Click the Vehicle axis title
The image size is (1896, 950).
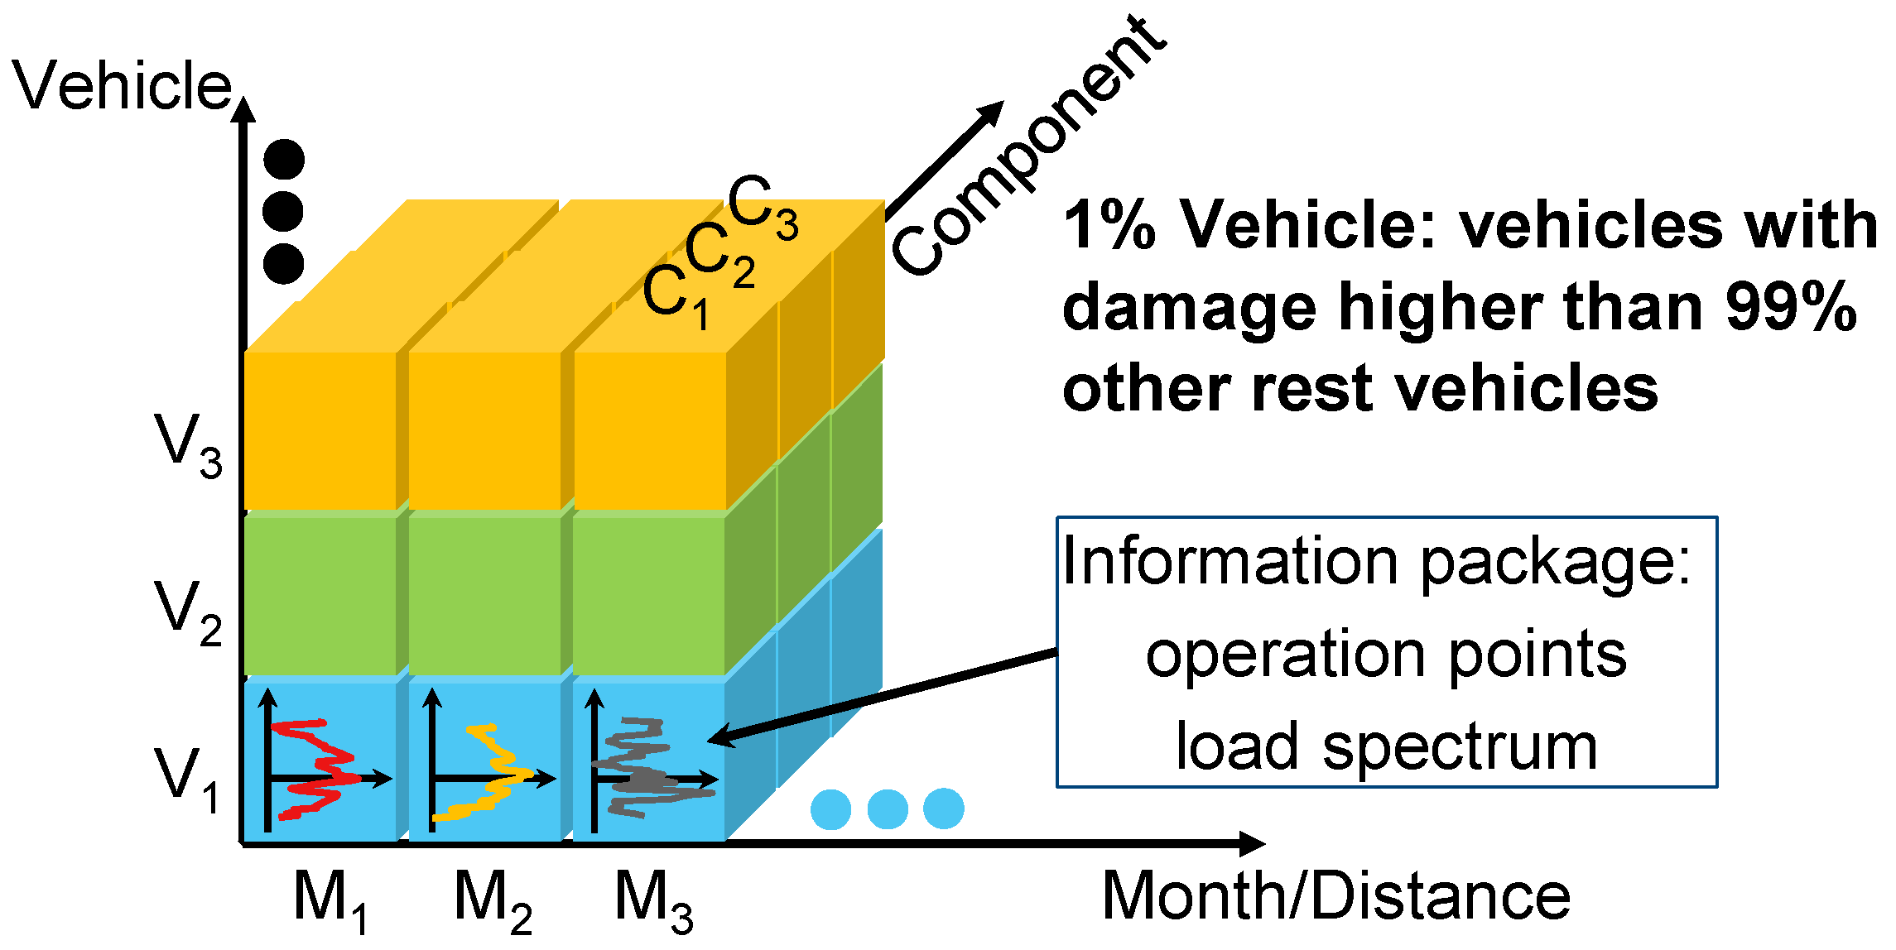pos(123,85)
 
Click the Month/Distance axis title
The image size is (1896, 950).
pos(1335,897)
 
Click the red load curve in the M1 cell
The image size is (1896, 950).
pos(319,770)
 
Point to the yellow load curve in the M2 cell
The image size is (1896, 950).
pos(493,774)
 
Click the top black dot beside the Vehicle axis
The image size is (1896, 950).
pos(284,160)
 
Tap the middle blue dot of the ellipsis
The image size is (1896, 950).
pos(888,808)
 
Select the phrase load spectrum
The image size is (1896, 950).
pos(1387,746)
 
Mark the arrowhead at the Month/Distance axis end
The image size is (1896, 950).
pos(1252,843)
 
